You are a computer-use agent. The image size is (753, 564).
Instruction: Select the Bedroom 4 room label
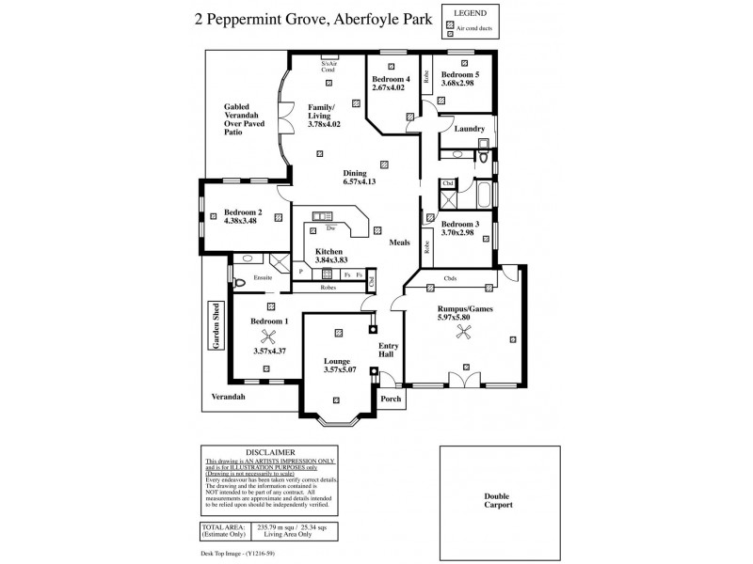click(391, 80)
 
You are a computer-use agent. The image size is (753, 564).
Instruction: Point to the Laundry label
click(469, 129)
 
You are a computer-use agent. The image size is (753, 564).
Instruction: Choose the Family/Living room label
click(325, 110)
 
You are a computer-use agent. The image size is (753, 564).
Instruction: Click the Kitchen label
click(328, 251)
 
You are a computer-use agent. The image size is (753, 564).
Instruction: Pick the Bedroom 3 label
click(460, 224)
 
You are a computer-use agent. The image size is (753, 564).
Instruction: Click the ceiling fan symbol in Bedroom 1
click(268, 339)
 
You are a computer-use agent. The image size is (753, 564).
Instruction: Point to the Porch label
click(390, 399)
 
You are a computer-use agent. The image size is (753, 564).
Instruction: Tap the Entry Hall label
click(386, 351)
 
